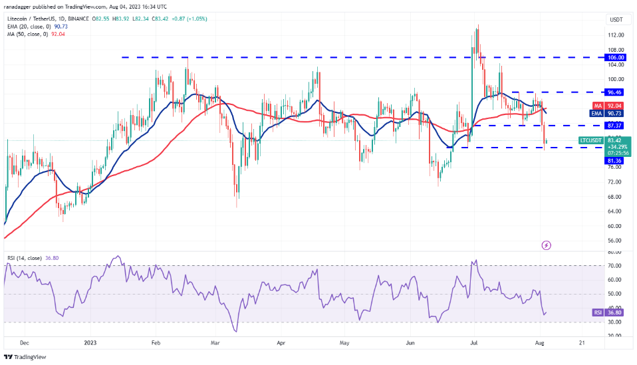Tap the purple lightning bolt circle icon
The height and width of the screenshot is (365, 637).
click(547, 245)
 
